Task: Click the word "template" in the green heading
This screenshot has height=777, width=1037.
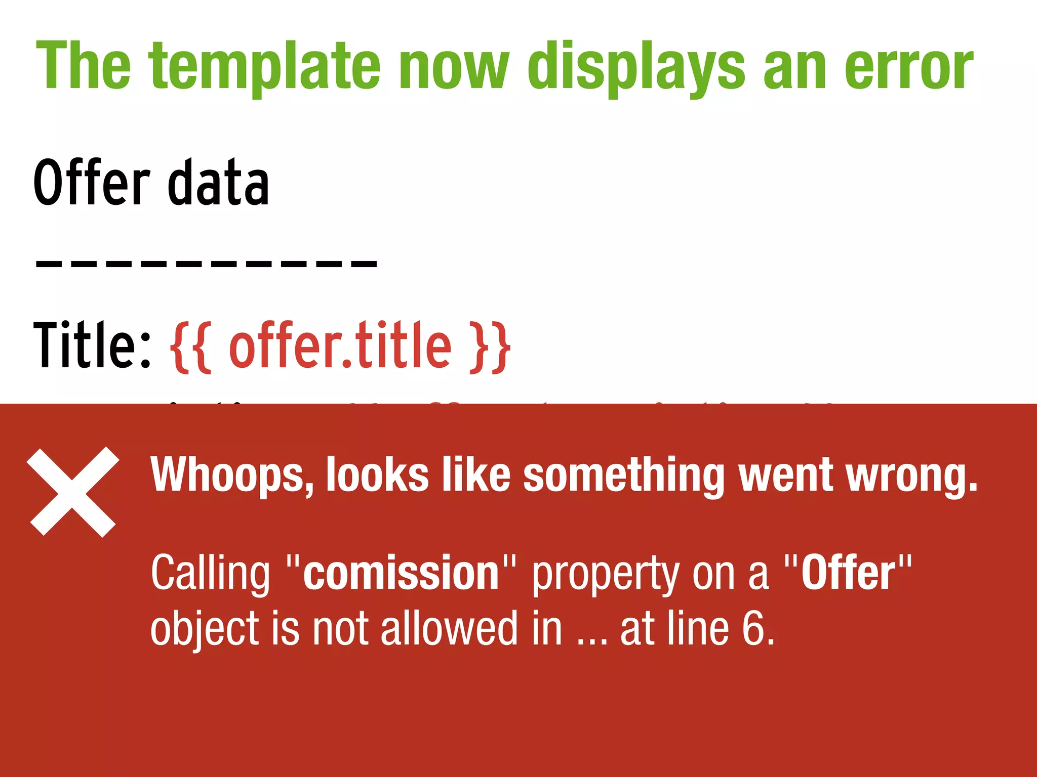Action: click(x=264, y=67)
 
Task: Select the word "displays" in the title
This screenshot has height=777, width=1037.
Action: click(x=636, y=67)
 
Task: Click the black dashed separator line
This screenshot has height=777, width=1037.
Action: click(x=206, y=264)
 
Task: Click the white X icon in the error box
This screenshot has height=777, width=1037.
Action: click(x=73, y=492)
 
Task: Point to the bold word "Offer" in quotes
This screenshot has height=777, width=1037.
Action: click(x=848, y=573)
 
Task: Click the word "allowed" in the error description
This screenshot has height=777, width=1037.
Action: click(x=449, y=629)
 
